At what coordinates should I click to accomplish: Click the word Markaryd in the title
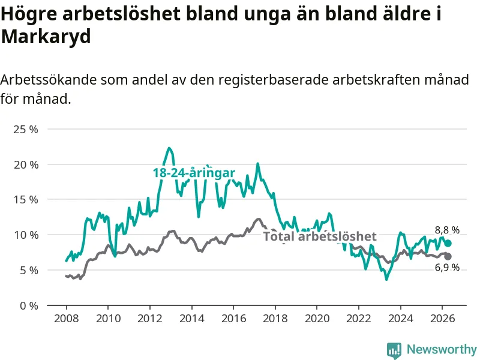coord(46,37)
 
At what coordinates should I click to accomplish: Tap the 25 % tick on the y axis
coord(26,129)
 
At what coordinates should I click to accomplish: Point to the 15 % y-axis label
coord(26,200)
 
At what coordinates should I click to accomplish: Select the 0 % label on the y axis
coord(29,305)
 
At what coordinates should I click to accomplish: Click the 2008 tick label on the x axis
coord(67,319)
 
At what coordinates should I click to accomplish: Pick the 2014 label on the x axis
coord(191,319)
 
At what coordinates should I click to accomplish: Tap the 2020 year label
coord(317,319)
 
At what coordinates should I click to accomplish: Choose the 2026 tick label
coord(442,319)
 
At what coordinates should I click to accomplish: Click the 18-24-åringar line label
coord(194,173)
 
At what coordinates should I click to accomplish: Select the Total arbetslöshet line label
coord(320,236)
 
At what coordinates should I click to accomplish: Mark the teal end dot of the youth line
coord(448,244)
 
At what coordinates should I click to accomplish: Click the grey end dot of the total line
coord(448,257)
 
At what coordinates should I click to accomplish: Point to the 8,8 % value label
coord(447,230)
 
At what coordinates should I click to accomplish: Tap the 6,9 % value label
coord(447,268)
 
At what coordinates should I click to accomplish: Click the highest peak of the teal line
coord(169,148)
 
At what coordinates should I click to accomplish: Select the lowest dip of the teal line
coord(386,279)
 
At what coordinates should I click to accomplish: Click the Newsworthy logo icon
coord(394,350)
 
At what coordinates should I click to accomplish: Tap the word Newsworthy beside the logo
coord(442,349)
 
